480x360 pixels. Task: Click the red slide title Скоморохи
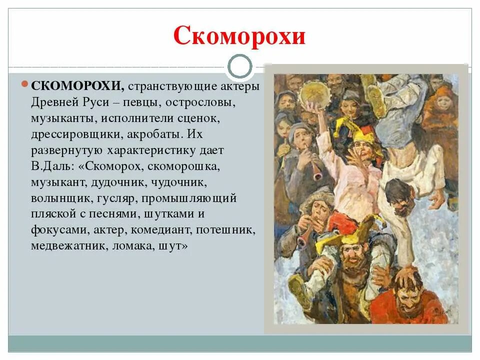click(239, 36)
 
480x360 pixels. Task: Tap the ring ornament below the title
click(240, 66)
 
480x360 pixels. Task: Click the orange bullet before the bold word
click(25, 84)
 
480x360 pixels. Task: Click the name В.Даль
click(52, 166)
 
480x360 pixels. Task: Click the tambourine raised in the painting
click(314, 93)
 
